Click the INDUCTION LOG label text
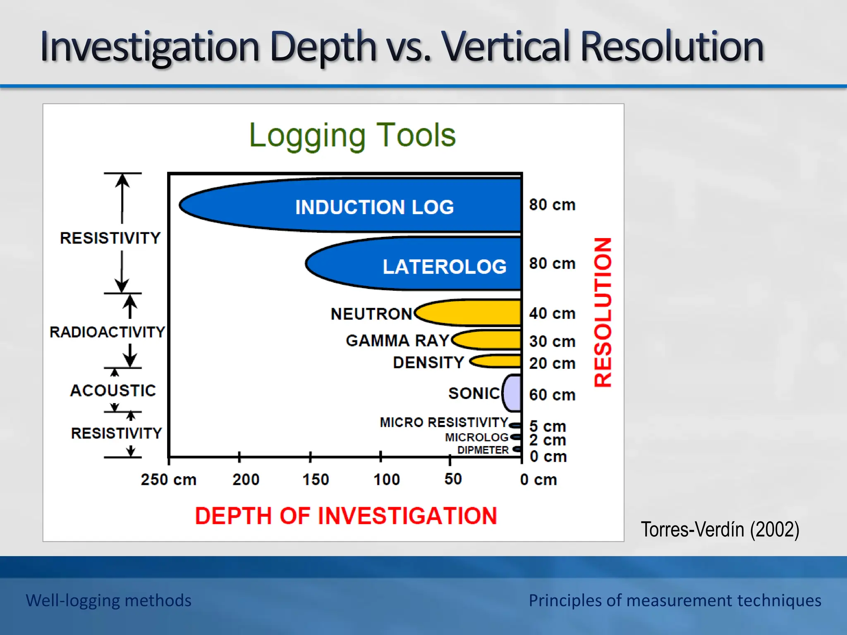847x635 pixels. pyautogui.click(x=374, y=207)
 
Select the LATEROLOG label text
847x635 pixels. pyautogui.click(x=444, y=267)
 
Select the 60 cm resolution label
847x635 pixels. pyautogui.click(x=552, y=395)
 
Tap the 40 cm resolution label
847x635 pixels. pyautogui.click(x=552, y=313)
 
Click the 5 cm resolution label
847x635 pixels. pyautogui.click(x=547, y=426)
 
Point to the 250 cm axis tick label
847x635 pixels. pyautogui.click(x=168, y=480)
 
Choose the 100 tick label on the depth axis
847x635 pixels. pyautogui.click(x=386, y=480)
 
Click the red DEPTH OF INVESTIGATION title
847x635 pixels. pyautogui.click(x=346, y=516)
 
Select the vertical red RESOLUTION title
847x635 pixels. pyautogui.click(x=603, y=312)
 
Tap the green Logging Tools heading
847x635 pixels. pyautogui.click(x=352, y=135)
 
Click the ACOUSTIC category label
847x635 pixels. pyautogui.click(x=113, y=390)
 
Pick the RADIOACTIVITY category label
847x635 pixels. pyautogui.click(x=107, y=332)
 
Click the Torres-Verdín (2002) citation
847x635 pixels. pyautogui.click(x=720, y=530)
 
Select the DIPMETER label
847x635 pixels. pyautogui.click(x=483, y=450)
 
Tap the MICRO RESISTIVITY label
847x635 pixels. pyautogui.click(x=444, y=422)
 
